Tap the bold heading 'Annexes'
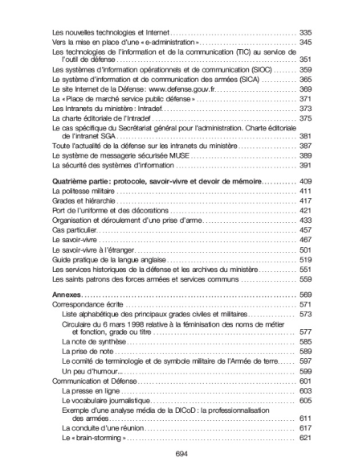[66, 296]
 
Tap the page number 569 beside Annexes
[305, 296]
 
